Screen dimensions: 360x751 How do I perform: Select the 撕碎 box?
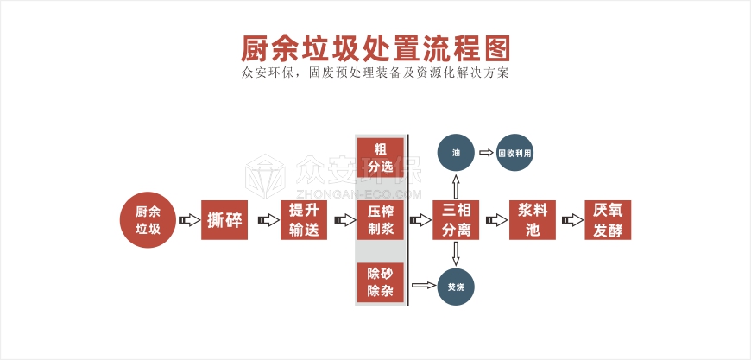click(224, 220)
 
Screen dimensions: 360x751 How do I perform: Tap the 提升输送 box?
click(304, 220)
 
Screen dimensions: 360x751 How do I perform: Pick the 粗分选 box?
click(381, 156)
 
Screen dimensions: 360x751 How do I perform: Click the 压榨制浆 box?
click(381, 220)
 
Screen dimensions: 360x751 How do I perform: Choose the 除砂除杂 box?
click(381, 282)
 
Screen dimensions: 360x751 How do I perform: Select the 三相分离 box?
click(456, 220)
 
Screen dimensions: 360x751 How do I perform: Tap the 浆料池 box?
click(532, 220)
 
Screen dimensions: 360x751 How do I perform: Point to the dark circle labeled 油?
click(456, 153)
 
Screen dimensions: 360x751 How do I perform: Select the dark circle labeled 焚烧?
click(456, 285)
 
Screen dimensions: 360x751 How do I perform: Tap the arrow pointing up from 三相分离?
click(456, 185)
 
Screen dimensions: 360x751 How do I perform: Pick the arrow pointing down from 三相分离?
click(456, 254)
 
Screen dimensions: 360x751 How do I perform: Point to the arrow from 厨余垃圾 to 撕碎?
click(186, 221)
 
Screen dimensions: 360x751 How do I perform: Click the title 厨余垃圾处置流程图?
click(375, 45)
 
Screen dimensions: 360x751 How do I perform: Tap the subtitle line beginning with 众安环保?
click(375, 73)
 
